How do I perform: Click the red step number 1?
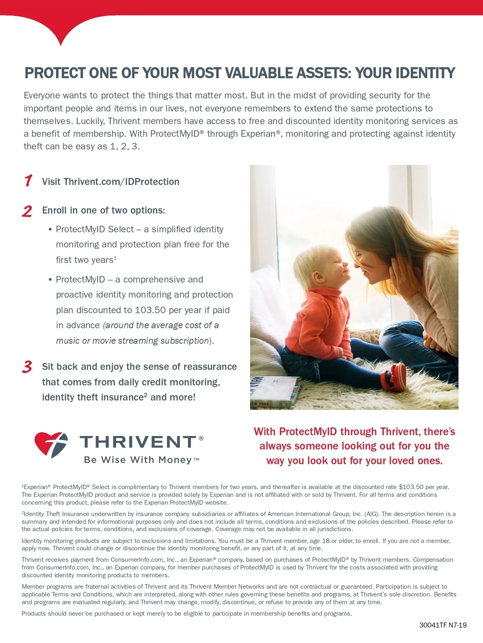(28, 180)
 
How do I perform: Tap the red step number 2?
(27, 211)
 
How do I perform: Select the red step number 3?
(27, 367)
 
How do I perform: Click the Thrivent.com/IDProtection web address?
(121, 182)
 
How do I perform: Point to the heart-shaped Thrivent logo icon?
(51, 445)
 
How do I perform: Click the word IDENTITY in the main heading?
(425, 73)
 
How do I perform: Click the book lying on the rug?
(275, 392)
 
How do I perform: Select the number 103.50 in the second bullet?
(150, 310)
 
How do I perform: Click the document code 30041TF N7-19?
(443, 625)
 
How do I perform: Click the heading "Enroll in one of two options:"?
(103, 210)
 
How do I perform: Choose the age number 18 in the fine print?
(326, 541)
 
